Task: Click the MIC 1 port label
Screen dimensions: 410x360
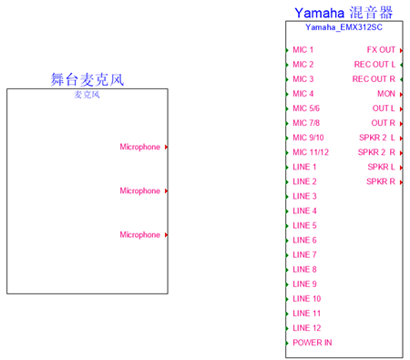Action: coord(302,50)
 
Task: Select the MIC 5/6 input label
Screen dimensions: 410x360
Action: coord(306,108)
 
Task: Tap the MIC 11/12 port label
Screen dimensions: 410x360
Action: coord(311,152)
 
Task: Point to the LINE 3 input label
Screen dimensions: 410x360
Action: coord(304,196)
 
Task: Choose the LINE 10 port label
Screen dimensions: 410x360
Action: coord(307,299)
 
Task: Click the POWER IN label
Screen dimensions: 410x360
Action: coord(313,343)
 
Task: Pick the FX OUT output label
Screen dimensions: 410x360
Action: coord(381,50)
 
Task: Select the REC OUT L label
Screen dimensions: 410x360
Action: coord(374,65)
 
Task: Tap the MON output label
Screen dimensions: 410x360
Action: coord(386,94)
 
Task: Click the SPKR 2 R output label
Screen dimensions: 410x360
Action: coord(376,152)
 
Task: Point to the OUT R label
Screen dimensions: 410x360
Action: coord(383,123)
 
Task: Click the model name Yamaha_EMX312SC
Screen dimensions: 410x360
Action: coord(343,27)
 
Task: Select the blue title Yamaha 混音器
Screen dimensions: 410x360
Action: coord(343,13)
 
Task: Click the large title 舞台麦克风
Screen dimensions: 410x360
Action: coord(87,79)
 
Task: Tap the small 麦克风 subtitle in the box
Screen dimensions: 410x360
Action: coord(87,95)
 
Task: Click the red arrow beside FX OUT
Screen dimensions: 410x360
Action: coord(401,50)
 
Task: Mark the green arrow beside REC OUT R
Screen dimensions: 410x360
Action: coord(401,79)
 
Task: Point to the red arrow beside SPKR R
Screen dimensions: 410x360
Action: coord(401,182)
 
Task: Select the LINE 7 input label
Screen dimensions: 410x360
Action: coord(304,255)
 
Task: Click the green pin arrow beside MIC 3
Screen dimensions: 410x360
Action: coord(287,79)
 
